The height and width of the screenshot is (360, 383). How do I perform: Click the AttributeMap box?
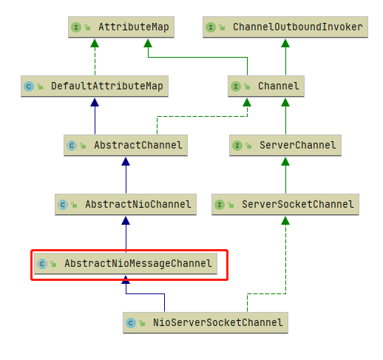click(121, 27)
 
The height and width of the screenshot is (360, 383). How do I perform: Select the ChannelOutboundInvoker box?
click(285, 27)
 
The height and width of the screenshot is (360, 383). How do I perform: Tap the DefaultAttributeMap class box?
click(95, 86)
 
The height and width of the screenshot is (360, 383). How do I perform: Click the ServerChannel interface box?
click(285, 146)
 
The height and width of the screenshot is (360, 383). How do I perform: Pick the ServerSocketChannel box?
click(285, 205)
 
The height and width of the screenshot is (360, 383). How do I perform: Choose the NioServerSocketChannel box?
click(206, 323)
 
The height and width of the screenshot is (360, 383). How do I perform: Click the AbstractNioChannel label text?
click(138, 205)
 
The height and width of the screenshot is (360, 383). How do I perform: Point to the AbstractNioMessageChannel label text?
click(138, 264)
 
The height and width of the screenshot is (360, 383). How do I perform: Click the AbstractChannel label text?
click(138, 146)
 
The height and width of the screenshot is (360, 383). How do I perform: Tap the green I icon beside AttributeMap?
click(76, 27)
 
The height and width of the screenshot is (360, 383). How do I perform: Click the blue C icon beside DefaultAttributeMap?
click(29, 86)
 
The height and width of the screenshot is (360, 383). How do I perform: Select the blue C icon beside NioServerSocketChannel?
click(131, 323)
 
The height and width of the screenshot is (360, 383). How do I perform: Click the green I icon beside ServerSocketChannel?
click(220, 205)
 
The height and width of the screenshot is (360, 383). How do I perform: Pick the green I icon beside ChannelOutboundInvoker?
click(211, 27)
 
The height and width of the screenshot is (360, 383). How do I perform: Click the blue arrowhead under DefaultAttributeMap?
click(95, 102)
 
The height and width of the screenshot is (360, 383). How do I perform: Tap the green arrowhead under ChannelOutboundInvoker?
click(285, 43)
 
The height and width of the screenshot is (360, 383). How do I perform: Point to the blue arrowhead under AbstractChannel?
click(126, 161)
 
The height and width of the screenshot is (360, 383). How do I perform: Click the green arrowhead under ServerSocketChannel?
click(285, 220)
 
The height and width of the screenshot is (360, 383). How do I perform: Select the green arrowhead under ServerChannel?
click(285, 161)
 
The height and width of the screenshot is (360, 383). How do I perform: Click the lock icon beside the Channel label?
click(247, 86)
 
